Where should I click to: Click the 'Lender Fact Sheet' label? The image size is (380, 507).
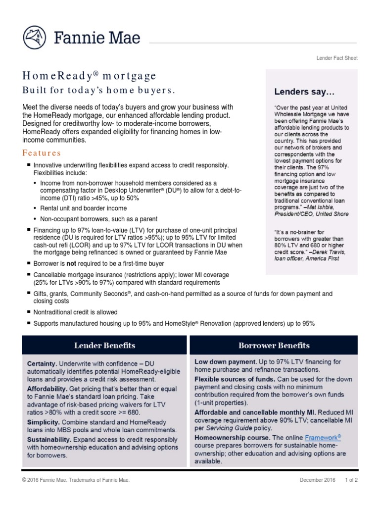[x=337, y=58]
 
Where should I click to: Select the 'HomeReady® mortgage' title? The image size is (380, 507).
[x=89, y=76]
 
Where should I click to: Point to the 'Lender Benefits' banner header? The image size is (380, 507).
[x=104, y=345]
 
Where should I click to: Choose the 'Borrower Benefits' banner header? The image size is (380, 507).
[x=274, y=345]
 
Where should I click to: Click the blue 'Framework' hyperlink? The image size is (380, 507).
[x=323, y=438]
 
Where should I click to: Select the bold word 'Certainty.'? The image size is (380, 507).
[x=42, y=363]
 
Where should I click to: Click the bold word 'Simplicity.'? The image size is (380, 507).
[x=44, y=422]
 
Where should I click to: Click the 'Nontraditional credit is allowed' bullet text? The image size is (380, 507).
[x=75, y=312]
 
